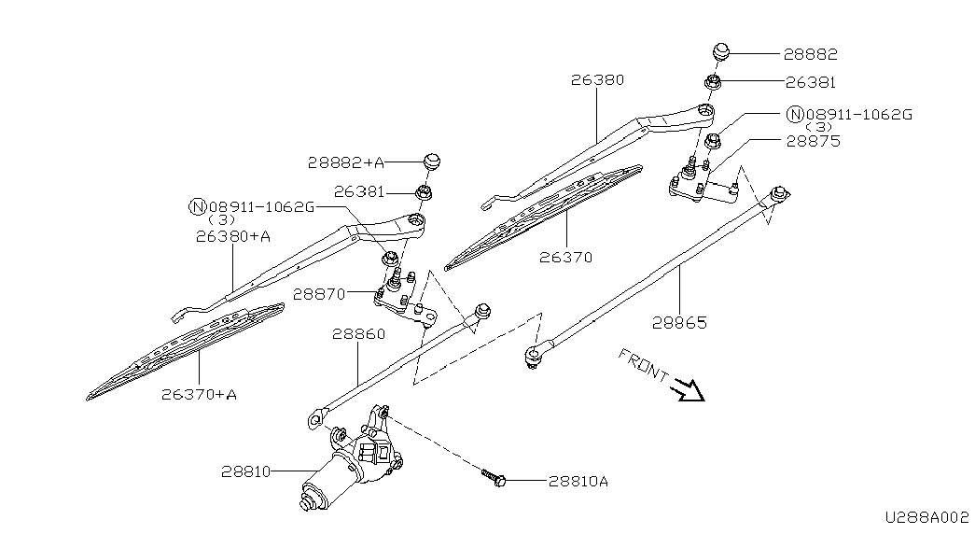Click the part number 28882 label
point(810,54)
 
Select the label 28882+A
point(346,162)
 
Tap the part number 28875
point(814,141)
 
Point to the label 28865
point(679,322)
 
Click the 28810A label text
point(578,481)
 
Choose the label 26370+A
point(199,394)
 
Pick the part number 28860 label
point(359,334)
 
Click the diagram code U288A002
point(927,517)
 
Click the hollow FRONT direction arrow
point(689,391)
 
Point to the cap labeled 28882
point(719,51)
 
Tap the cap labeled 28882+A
point(432,160)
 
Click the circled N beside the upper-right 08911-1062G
point(795,115)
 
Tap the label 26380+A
point(233,236)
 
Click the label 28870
point(319,294)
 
